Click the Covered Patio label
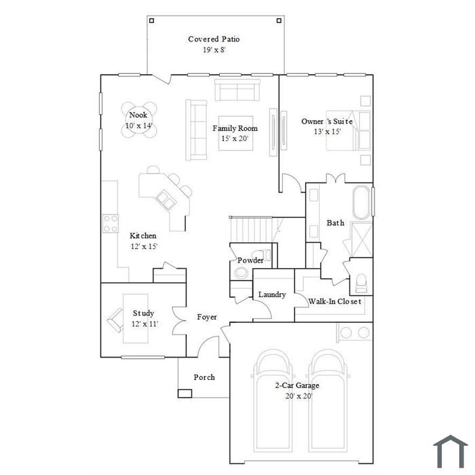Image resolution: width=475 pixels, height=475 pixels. (x=214, y=39)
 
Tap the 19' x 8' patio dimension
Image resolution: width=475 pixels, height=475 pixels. (x=214, y=50)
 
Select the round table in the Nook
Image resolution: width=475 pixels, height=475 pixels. (x=139, y=119)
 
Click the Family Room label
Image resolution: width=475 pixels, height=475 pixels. (x=235, y=128)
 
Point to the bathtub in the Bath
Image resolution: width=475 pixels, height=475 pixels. (x=362, y=202)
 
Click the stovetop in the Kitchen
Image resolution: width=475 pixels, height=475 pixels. (x=111, y=223)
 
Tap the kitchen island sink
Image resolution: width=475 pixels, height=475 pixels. (x=166, y=199)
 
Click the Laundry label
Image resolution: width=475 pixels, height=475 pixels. (x=272, y=294)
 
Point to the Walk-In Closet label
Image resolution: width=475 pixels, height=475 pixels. (x=335, y=301)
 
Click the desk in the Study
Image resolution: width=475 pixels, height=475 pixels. (x=136, y=318)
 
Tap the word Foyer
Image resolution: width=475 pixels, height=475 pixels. (x=207, y=317)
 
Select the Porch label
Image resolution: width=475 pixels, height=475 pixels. (x=204, y=377)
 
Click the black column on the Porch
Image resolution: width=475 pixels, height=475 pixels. (x=185, y=393)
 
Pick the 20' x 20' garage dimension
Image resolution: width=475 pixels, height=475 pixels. (x=299, y=396)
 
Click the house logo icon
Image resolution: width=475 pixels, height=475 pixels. (x=451, y=451)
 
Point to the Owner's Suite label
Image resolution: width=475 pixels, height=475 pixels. (x=327, y=121)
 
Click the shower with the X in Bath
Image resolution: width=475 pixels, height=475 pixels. (x=362, y=240)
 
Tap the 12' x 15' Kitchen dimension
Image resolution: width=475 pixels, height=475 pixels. (x=144, y=246)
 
